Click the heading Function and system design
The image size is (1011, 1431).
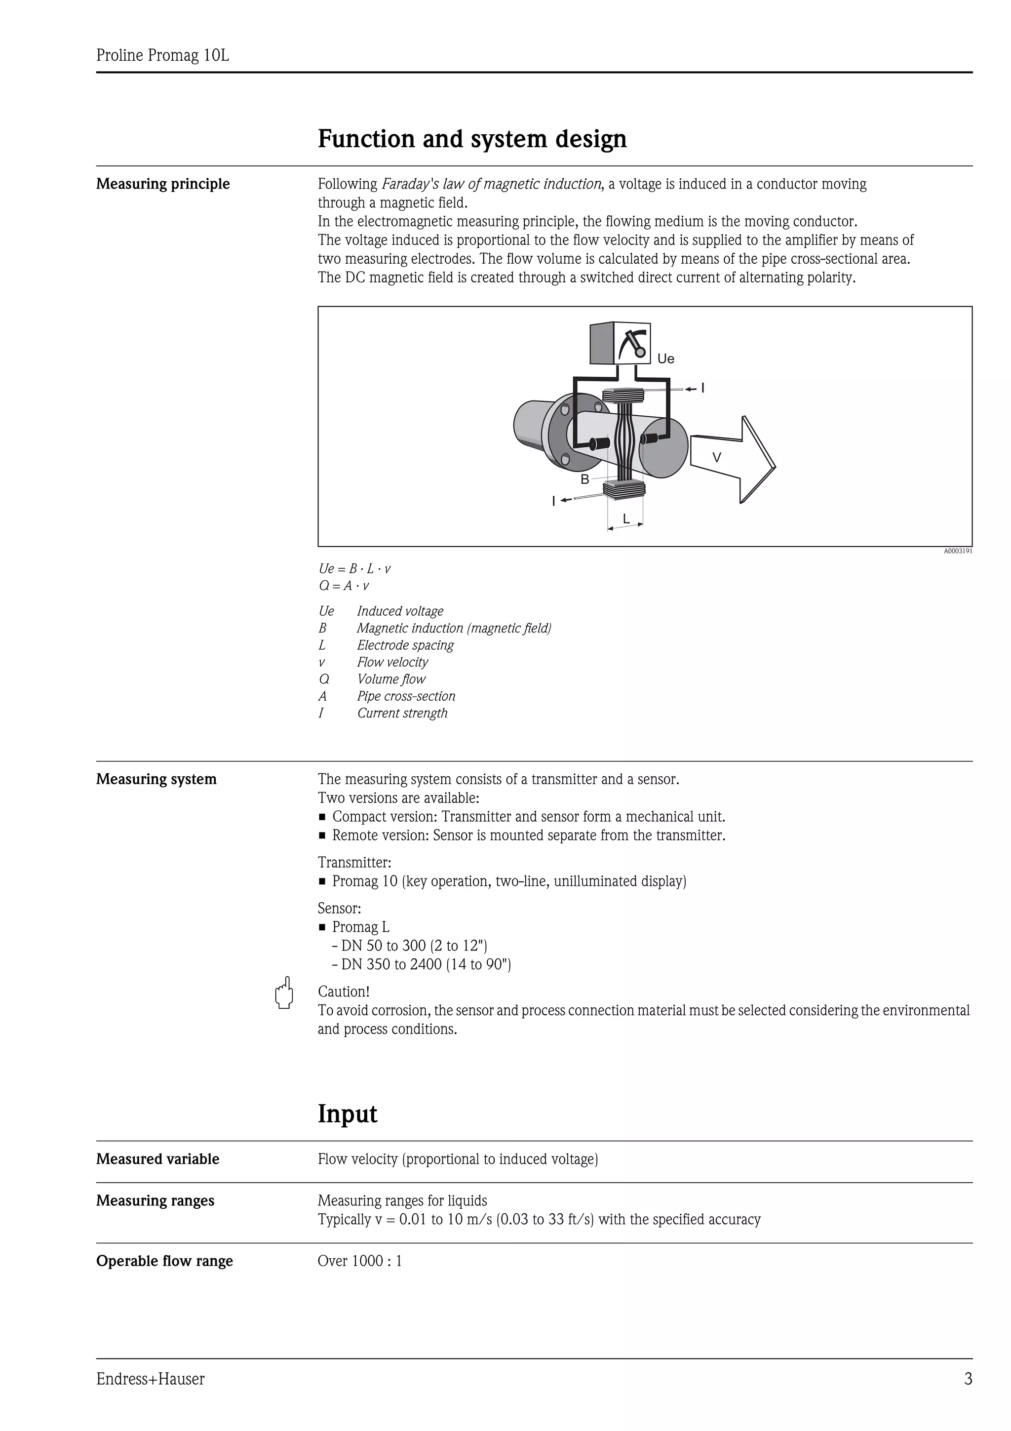click(471, 138)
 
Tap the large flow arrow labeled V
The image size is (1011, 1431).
click(732, 458)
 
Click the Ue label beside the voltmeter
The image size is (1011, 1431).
click(665, 358)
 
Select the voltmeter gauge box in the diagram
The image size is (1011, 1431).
click(621, 343)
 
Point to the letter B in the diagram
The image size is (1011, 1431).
click(584, 479)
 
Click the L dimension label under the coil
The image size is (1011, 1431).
click(626, 518)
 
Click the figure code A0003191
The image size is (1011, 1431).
click(957, 551)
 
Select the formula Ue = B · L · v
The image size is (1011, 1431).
click(354, 568)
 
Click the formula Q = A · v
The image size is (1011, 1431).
click(344, 586)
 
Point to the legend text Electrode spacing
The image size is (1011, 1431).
click(405, 645)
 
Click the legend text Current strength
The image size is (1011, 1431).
click(402, 713)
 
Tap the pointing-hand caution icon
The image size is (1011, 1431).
click(284, 993)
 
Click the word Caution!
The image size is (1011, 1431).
click(343, 992)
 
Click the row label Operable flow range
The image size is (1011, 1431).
click(164, 1261)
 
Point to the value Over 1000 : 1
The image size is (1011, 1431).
click(359, 1261)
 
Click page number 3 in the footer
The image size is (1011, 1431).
click(968, 1379)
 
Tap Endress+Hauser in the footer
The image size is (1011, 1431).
click(150, 1379)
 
